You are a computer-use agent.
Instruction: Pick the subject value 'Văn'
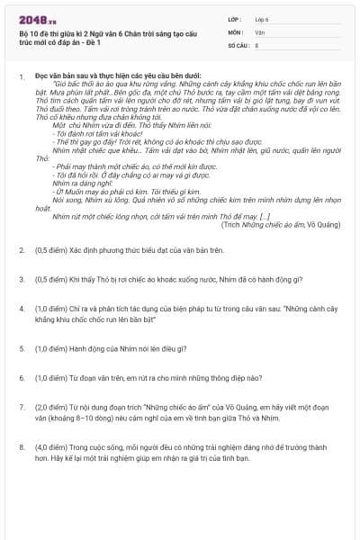point(258,31)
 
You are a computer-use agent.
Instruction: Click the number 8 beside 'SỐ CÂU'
point(256,43)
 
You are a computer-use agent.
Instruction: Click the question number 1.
point(21,76)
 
